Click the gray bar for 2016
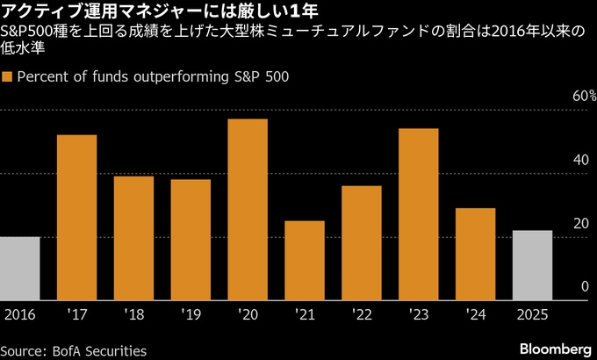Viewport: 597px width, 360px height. (x=19, y=268)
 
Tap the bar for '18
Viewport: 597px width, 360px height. (x=133, y=238)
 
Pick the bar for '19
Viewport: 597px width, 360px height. (x=191, y=239)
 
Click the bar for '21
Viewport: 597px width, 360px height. (x=305, y=260)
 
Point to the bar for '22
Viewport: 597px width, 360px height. (x=362, y=242)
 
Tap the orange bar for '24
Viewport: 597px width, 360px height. (x=476, y=254)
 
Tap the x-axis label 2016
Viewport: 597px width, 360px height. (x=19, y=313)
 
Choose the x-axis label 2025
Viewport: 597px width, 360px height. (x=533, y=313)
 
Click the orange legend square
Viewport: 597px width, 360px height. (x=8, y=76)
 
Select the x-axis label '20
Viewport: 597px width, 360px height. (x=248, y=313)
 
